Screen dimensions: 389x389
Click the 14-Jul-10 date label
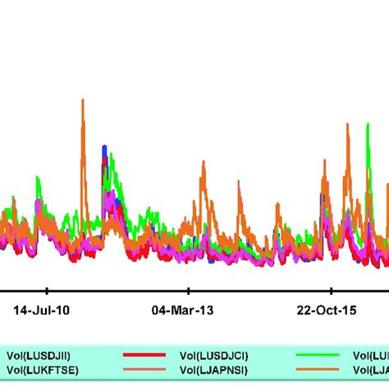[x=48, y=310]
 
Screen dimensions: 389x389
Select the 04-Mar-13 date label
[x=190, y=310]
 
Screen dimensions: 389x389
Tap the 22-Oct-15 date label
[x=332, y=310]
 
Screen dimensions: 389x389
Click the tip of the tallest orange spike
[x=83, y=100]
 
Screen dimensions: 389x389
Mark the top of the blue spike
[x=103, y=147]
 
